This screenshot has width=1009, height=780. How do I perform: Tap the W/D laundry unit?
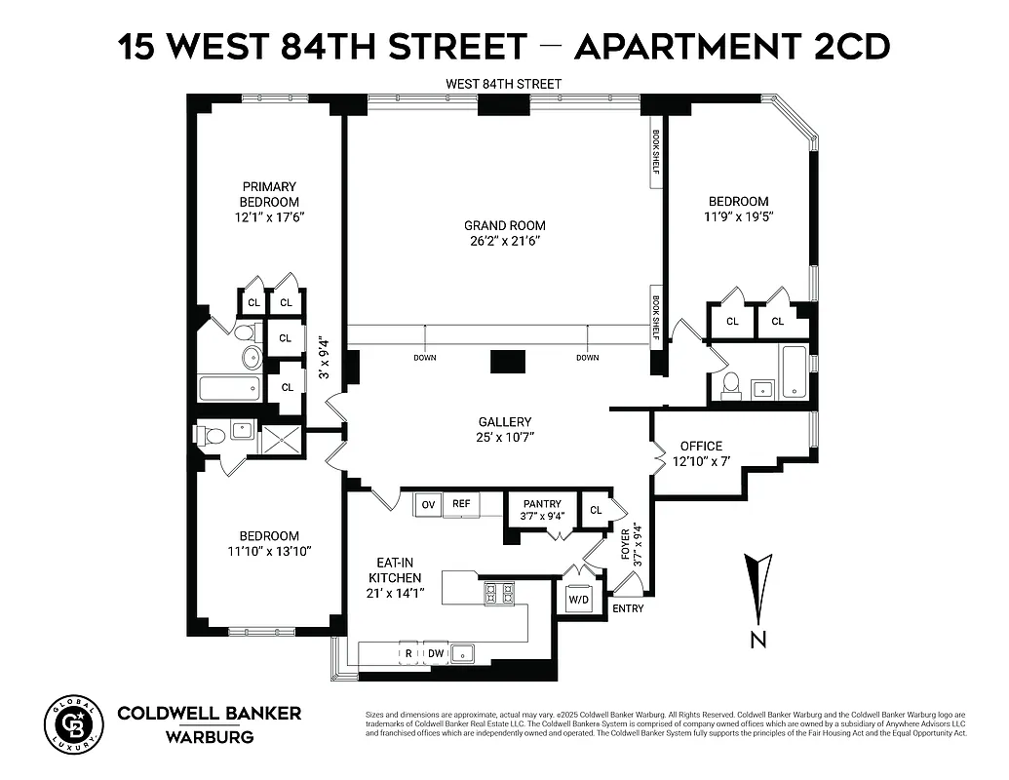[x=578, y=599]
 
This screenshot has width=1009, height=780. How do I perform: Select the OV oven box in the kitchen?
[x=428, y=504]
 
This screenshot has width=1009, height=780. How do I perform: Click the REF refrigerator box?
[x=461, y=504]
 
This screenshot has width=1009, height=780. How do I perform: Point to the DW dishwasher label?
[x=436, y=653]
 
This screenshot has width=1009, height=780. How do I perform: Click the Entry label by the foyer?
[x=628, y=608]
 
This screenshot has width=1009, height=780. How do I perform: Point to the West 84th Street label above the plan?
[x=503, y=84]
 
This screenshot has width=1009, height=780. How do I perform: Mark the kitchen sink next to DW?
[x=465, y=653]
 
